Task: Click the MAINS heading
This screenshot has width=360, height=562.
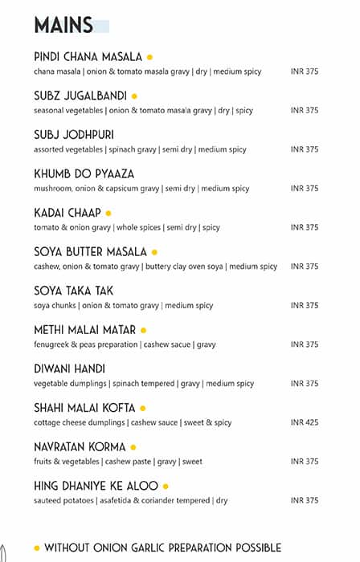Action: tap(63, 26)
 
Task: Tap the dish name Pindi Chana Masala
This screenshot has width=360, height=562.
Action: tap(88, 57)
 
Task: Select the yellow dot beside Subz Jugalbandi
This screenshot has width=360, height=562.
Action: tap(134, 96)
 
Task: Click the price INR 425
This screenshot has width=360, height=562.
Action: tap(305, 422)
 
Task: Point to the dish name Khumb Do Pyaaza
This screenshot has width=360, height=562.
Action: tap(84, 174)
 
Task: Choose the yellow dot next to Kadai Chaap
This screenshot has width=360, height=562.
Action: tap(108, 214)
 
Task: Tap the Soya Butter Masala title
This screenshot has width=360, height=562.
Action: tap(90, 252)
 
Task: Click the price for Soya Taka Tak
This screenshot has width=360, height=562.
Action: tap(305, 305)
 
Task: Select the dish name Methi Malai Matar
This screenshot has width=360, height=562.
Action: tap(85, 330)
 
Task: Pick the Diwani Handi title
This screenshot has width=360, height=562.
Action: tap(69, 369)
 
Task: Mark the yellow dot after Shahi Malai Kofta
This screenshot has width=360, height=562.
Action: tap(142, 409)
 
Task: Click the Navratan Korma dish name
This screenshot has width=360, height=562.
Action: tap(80, 447)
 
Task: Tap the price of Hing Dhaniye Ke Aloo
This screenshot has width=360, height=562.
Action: tap(305, 500)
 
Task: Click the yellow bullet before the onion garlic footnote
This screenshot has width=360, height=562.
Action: tap(37, 548)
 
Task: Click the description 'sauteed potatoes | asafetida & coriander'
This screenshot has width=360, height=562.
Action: tap(130, 500)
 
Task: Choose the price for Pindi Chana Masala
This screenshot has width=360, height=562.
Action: tap(305, 71)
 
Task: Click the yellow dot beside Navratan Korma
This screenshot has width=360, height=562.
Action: tap(133, 447)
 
